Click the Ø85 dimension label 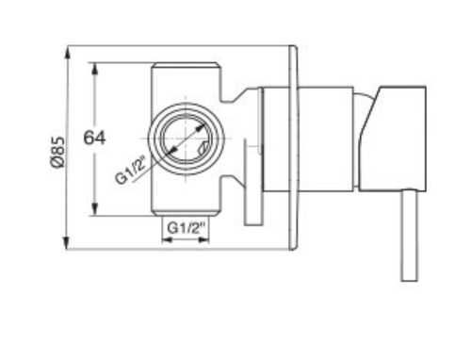58,153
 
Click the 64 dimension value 94,138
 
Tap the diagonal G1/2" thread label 131,170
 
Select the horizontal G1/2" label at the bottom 186,228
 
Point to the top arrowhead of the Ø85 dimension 66,53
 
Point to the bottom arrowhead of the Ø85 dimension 66,243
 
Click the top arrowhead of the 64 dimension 95,69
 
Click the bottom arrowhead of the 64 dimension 95,209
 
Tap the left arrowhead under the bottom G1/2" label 167,240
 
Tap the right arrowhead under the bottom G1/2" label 203,240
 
